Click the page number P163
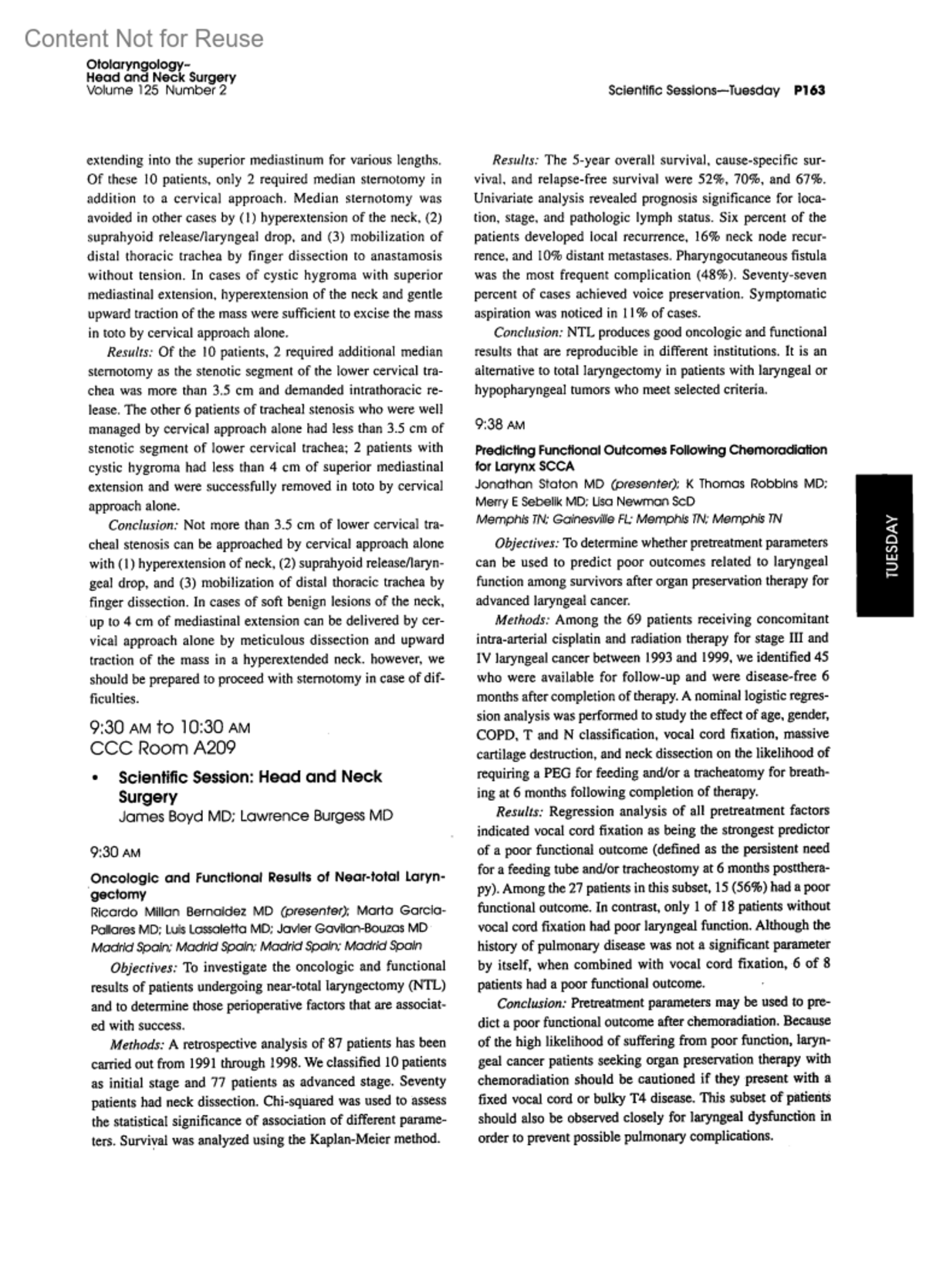[809, 90]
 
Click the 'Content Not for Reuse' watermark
[144, 39]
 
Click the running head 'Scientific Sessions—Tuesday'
[693, 90]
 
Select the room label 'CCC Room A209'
[163, 748]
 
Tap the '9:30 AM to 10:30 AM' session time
[170, 727]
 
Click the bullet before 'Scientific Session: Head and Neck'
[94, 778]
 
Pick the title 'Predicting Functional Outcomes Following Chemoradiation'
[651, 450]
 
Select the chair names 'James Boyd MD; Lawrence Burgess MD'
[255, 815]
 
